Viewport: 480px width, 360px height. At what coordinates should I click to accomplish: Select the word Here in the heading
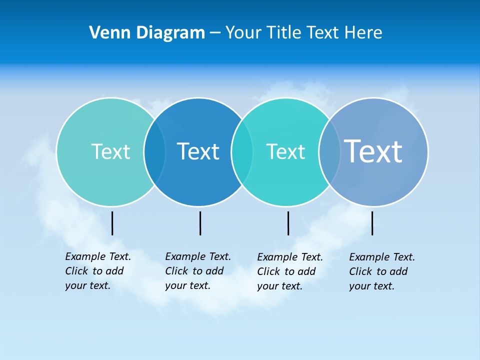click(363, 33)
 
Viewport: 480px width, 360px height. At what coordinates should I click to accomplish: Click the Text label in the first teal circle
click(110, 151)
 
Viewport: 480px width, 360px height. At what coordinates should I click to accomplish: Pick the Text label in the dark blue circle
click(198, 151)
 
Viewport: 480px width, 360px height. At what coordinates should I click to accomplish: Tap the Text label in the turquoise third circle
click(285, 151)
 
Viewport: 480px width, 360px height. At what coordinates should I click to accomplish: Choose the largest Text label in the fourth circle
click(373, 151)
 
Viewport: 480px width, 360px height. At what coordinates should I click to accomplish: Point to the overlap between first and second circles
click(154, 152)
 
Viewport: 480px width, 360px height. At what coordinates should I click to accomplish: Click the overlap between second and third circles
click(242, 152)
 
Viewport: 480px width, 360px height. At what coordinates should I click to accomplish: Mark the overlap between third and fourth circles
click(329, 152)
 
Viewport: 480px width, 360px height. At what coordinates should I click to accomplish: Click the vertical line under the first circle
click(112, 223)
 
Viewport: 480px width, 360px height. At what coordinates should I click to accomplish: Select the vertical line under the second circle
click(200, 223)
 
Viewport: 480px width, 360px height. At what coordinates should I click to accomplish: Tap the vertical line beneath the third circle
click(288, 223)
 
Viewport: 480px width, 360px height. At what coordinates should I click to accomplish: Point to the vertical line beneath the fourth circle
click(372, 223)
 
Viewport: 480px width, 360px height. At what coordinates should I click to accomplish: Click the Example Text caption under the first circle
click(98, 271)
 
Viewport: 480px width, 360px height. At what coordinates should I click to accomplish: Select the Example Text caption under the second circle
click(198, 271)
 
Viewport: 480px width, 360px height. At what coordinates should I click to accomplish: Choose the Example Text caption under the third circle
click(290, 271)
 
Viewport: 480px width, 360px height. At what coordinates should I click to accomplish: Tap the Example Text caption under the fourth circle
click(382, 271)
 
